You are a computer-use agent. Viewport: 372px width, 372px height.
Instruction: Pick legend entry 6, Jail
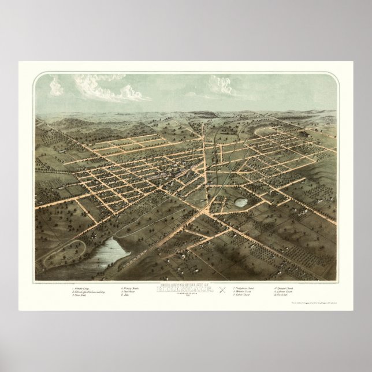[124, 294]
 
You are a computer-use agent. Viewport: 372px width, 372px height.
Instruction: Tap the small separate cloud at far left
[56, 86]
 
